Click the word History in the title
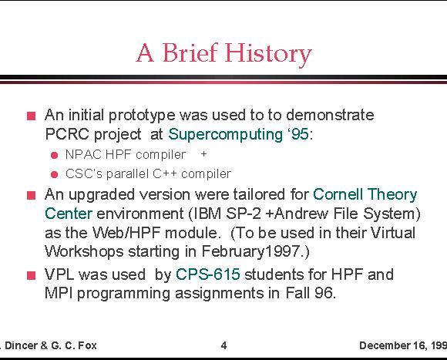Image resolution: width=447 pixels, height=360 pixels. tap(268, 54)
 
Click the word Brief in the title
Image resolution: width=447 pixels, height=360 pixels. tap(190, 52)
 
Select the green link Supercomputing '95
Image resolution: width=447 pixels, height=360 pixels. tap(238, 134)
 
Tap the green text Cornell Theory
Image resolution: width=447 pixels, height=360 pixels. tap(365, 195)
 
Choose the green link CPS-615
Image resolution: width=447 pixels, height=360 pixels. tap(208, 274)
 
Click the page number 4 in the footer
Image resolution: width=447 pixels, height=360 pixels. tap(223, 345)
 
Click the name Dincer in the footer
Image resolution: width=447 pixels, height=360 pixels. tap(22, 345)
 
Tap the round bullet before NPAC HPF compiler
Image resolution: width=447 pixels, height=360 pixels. tap(54, 156)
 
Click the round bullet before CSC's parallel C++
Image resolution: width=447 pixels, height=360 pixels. tap(54, 174)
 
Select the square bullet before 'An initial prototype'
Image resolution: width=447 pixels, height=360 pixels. tap(32, 116)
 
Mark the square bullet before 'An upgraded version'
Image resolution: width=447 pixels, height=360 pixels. tap(32, 196)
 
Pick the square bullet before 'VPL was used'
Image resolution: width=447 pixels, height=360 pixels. tap(32, 275)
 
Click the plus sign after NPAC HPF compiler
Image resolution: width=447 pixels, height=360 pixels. tap(203, 154)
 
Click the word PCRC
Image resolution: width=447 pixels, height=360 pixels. tap(67, 134)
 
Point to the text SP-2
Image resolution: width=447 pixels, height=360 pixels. tap(244, 214)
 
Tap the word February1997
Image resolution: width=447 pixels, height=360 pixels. tap(250, 252)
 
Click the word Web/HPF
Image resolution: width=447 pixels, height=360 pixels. tap(126, 233)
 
